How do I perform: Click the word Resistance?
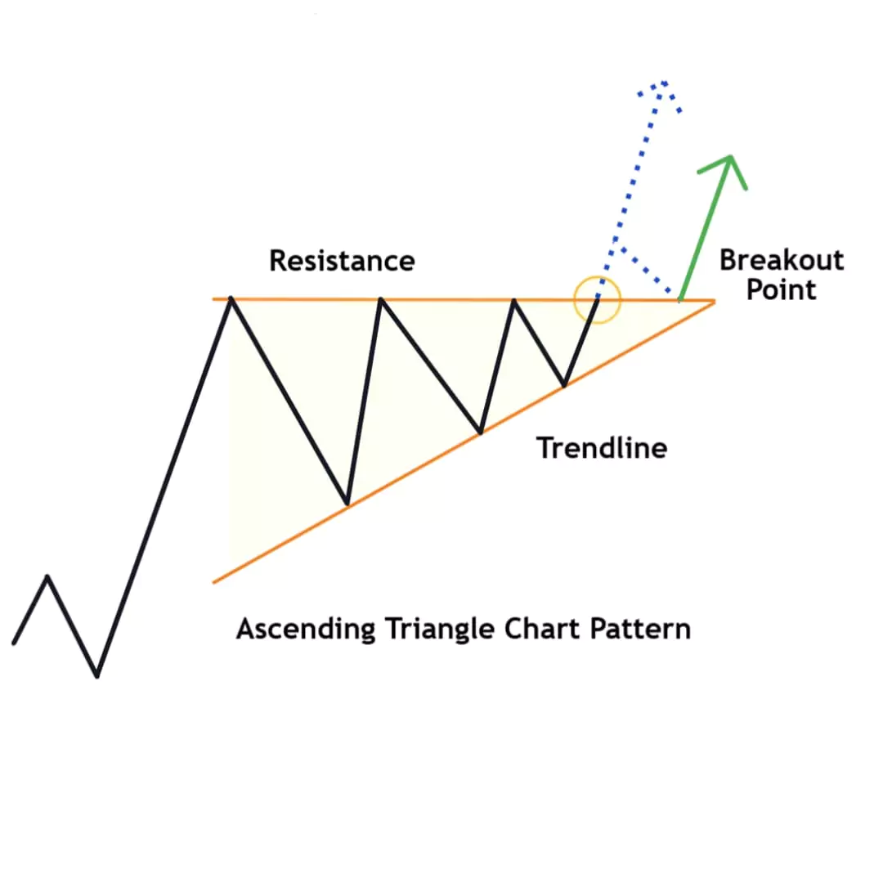(x=342, y=261)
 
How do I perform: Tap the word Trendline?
(x=602, y=448)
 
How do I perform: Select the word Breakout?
(x=781, y=261)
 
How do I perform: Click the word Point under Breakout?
(x=781, y=290)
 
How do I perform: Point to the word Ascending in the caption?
(x=306, y=630)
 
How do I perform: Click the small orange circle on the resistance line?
(x=598, y=300)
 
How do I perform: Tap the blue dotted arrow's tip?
(x=663, y=83)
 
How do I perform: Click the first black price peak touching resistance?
(x=232, y=299)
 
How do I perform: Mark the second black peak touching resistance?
(x=381, y=300)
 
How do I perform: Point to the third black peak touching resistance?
(x=514, y=300)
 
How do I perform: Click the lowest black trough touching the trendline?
(x=347, y=503)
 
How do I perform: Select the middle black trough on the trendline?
(x=481, y=432)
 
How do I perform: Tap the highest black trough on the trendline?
(x=564, y=384)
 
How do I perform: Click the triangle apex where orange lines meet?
(x=713, y=301)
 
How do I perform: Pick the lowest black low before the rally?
(x=97, y=675)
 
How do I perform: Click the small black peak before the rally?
(x=48, y=576)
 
